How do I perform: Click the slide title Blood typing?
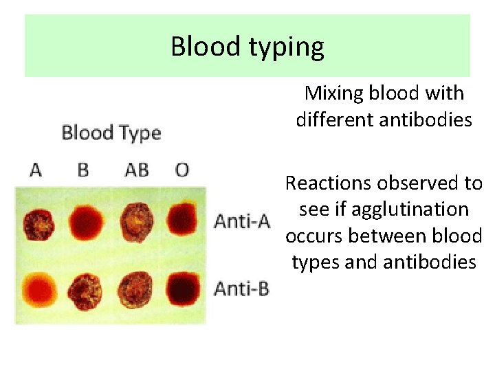click(247, 47)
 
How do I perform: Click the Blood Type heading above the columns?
click(111, 133)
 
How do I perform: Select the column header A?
click(36, 170)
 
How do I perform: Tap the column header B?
click(83, 170)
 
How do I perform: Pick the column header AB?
click(137, 170)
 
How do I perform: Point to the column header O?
click(182, 170)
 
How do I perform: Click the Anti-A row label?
click(242, 221)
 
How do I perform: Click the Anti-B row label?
click(242, 289)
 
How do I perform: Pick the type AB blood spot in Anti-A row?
click(137, 222)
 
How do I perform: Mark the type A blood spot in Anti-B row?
click(41, 290)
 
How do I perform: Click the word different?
click(334, 120)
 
